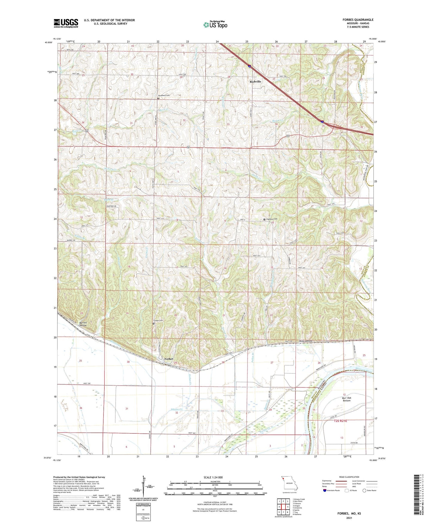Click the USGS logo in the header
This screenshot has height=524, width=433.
coord(66,23)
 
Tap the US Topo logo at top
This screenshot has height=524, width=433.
coord(215,25)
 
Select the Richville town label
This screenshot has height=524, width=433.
coord(256,82)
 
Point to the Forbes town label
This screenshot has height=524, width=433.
coord(169,359)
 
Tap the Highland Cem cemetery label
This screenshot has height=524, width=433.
coord(271,219)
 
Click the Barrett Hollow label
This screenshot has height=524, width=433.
coord(81,324)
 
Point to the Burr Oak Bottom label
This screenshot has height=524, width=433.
coord(347,399)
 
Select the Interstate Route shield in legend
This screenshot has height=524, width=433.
coord(325,490)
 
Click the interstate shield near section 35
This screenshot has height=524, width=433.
coord(322,122)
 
